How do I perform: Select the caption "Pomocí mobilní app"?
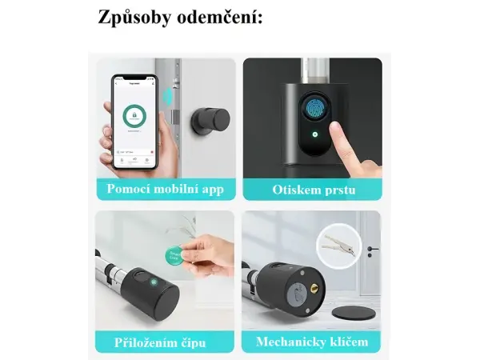[x=166, y=190]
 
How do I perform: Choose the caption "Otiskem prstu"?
[x=312, y=190]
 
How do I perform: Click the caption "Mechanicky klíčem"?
[x=312, y=342]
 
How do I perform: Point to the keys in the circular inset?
[x=338, y=246]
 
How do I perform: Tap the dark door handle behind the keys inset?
[x=372, y=249]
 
